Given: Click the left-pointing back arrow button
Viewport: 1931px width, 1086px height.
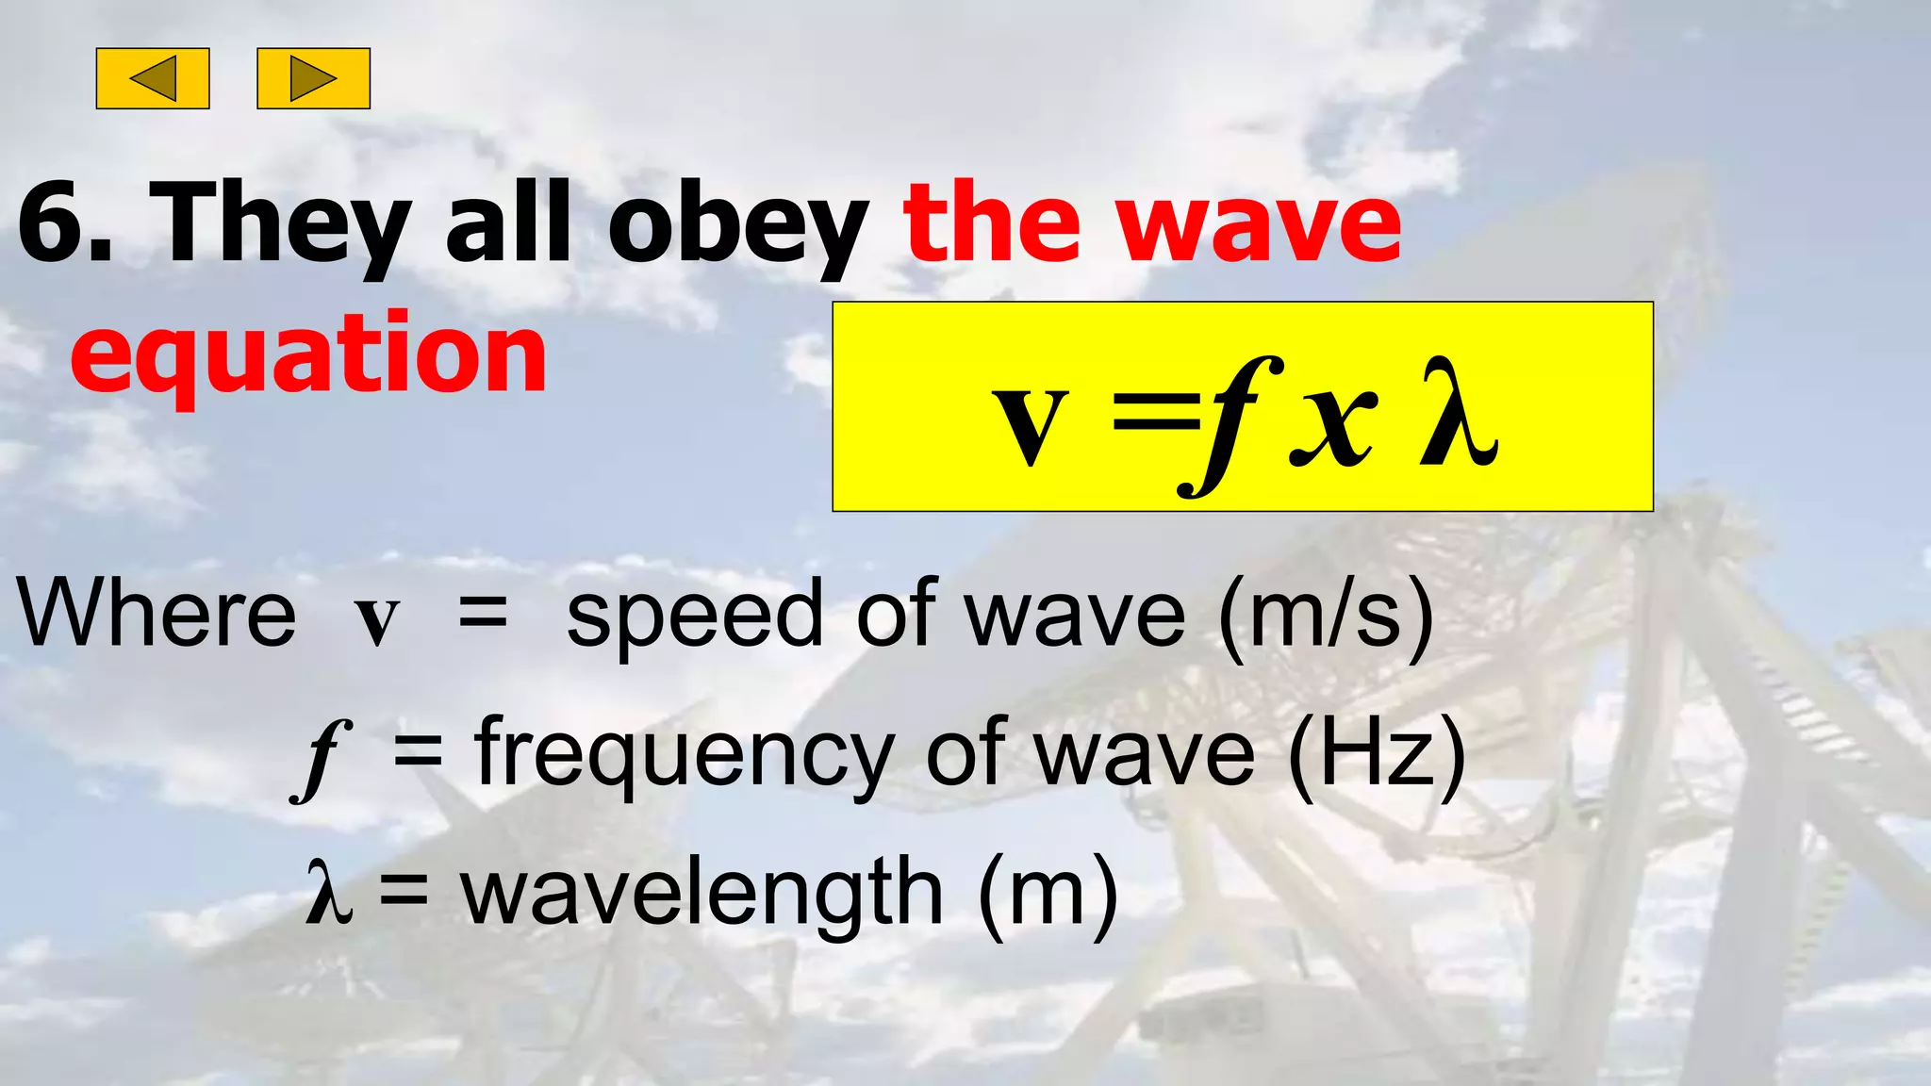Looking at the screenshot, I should pos(153,78).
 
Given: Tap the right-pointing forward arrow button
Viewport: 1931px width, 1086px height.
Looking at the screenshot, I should pos(313,78).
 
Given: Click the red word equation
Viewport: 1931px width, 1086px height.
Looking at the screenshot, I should pos(308,355).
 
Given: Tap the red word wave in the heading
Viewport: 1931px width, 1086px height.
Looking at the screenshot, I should pos(1263,223).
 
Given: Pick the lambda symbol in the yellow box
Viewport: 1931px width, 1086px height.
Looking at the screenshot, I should pos(1457,415).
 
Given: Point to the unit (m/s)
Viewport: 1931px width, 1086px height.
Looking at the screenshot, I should pos(1326,616).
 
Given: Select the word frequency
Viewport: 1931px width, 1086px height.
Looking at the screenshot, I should pos(685,755).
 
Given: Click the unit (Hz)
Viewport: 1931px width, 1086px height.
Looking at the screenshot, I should pos(1377,753).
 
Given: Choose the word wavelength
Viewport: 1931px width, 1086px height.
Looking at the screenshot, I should pos(702,893).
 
